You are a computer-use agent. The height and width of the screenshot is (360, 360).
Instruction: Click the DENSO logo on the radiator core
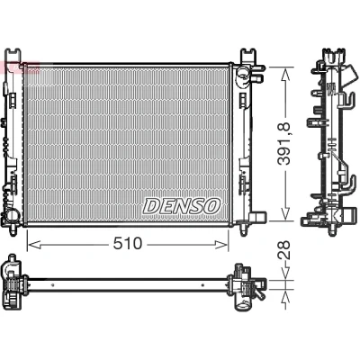[182, 206]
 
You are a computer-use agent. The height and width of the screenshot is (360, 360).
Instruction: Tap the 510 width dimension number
[127, 244]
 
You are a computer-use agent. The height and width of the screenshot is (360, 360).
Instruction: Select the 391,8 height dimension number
[283, 144]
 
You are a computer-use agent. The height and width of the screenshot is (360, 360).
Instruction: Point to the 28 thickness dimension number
[284, 250]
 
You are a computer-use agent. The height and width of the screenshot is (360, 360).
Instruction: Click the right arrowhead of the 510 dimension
[221, 245]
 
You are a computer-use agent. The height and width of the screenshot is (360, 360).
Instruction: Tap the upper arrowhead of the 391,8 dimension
[285, 74]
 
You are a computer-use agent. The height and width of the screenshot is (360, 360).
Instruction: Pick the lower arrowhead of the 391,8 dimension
[285, 213]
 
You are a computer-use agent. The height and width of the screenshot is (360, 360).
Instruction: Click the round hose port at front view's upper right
[242, 72]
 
